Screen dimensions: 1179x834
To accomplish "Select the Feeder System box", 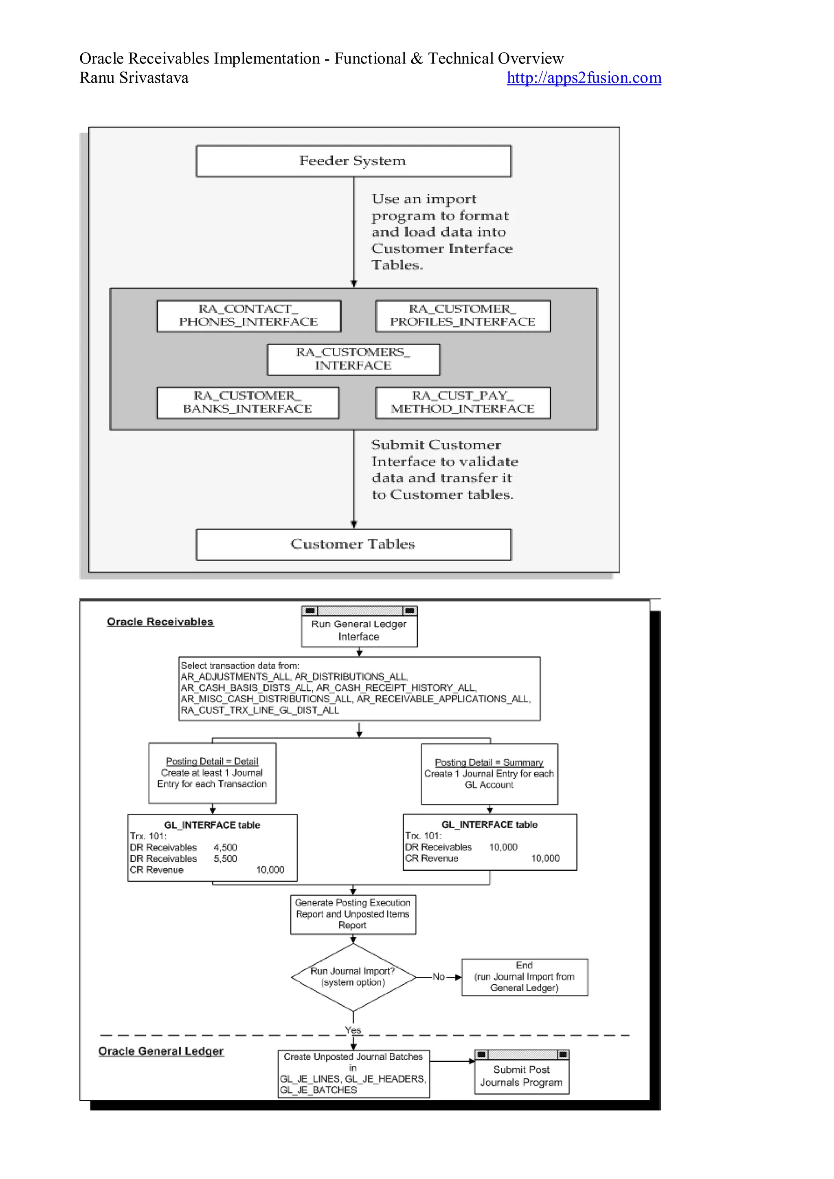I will pos(353,161).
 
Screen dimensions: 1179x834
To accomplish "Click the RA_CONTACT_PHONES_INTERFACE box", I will pos(248,316).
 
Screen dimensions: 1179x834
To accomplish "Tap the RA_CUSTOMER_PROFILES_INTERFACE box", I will pos(463,316).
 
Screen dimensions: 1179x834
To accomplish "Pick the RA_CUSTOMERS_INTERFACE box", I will pos(353,359).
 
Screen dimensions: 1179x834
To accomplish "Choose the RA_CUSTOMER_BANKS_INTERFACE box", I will pos(248,403).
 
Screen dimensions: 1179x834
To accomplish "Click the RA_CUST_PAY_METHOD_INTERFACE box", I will pos(463,403).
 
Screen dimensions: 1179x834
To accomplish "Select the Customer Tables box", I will pos(353,544).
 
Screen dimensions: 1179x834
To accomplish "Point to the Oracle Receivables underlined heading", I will pos(160,622).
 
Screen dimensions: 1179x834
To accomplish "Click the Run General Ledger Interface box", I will pos(359,630).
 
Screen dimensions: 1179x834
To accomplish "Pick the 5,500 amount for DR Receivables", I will pos(226,858).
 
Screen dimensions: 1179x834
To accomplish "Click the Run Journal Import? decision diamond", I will pos(353,977).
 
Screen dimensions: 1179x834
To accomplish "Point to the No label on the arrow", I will pos(438,977).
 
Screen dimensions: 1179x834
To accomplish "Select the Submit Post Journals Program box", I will pos(521,1076).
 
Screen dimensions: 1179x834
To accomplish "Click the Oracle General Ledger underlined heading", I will pos(161,1051).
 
